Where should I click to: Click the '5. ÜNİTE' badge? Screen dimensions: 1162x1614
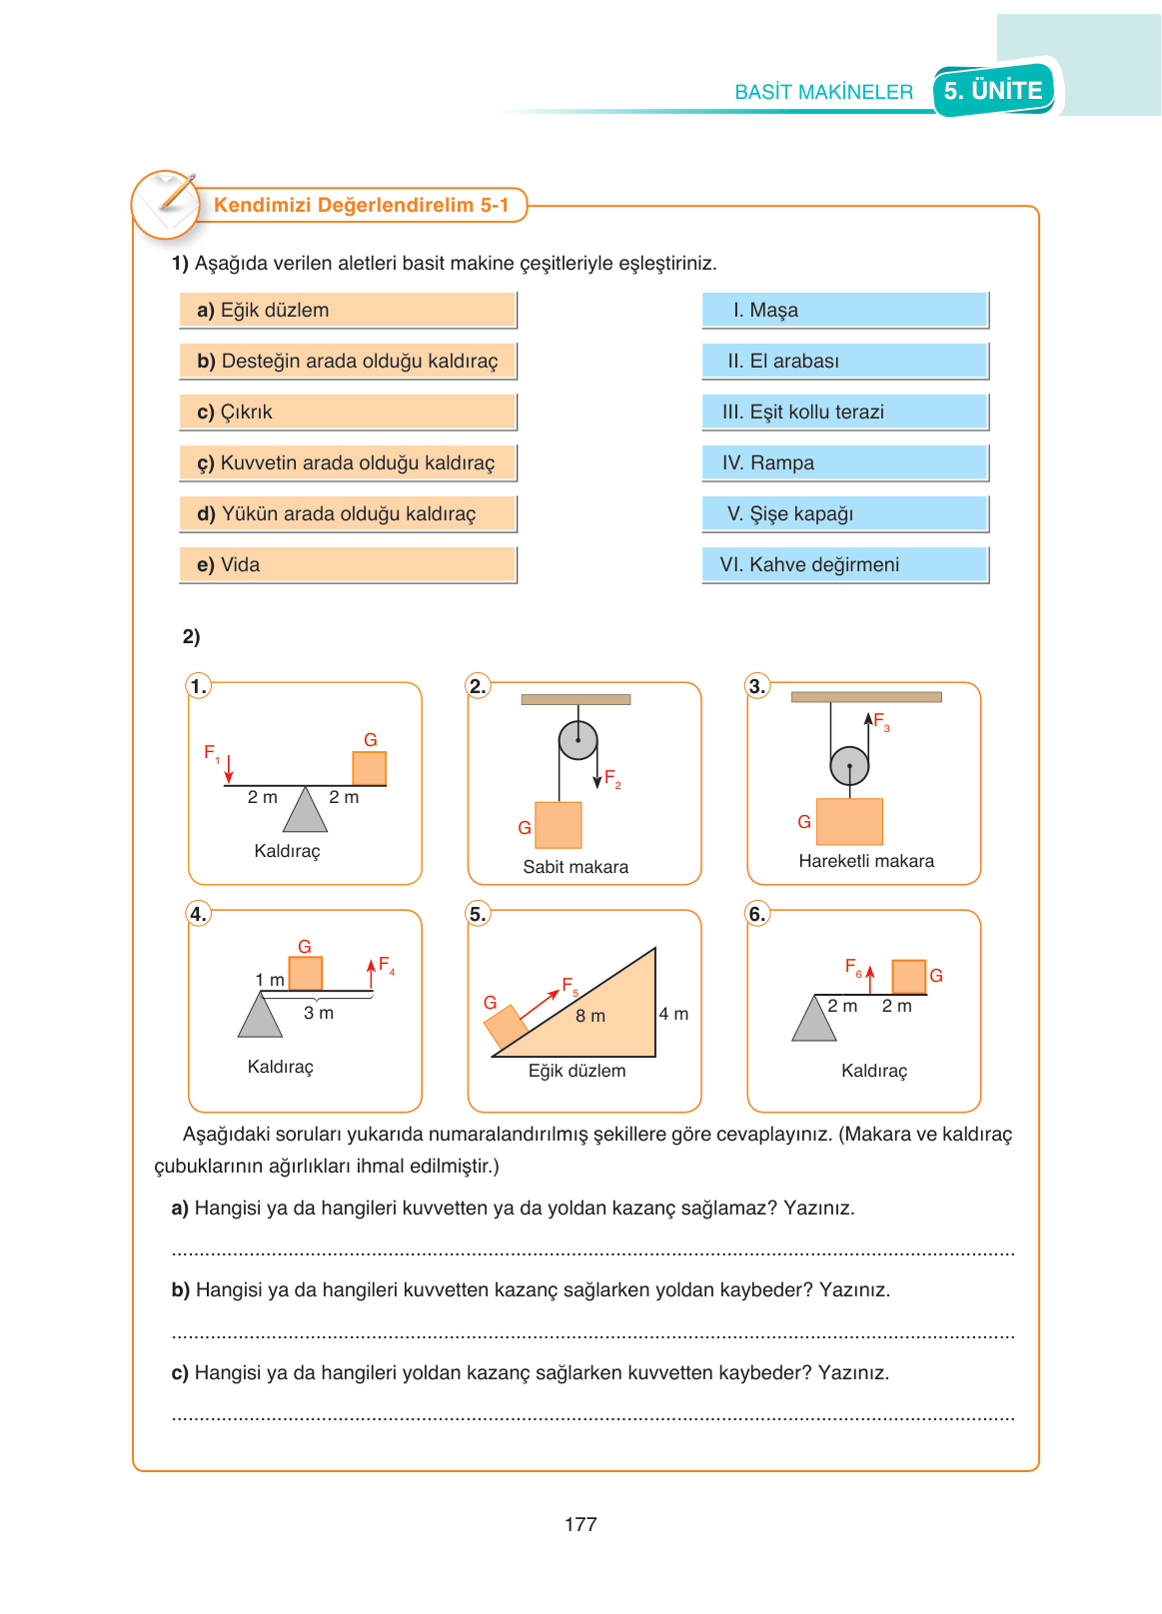[x=994, y=90]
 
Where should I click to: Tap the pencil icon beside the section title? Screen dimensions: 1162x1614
[x=177, y=192]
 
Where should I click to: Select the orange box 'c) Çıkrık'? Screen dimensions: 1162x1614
[x=348, y=412]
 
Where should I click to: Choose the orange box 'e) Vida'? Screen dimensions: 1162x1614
[x=348, y=565]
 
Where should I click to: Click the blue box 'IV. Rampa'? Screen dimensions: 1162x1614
[x=845, y=462]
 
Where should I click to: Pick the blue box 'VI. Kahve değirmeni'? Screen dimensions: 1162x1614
[x=845, y=565]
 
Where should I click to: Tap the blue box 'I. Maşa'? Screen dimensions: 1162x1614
[x=845, y=310]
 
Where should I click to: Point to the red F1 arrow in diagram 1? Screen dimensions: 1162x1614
[x=229, y=769]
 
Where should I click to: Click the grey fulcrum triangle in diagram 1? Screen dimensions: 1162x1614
[x=306, y=808]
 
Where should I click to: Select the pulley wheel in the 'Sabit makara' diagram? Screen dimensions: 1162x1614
[x=578, y=740]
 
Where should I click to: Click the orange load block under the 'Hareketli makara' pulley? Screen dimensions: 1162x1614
[x=849, y=821]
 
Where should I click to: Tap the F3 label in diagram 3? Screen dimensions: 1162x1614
[x=881, y=720]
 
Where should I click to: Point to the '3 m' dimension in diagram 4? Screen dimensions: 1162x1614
[x=318, y=1013]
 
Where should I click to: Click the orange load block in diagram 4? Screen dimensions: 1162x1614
[x=306, y=974]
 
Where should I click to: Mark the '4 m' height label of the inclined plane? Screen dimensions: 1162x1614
[x=673, y=1014]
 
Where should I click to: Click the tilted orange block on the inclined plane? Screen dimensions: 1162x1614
[x=506, y=1027]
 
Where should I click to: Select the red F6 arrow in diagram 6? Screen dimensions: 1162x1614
[x=870, y=980]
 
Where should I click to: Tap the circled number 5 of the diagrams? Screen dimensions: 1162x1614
[x=478, y=914]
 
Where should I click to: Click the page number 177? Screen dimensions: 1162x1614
[x=581, y=1524]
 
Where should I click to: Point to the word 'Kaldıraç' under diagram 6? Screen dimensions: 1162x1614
[x=873, y=1071]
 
